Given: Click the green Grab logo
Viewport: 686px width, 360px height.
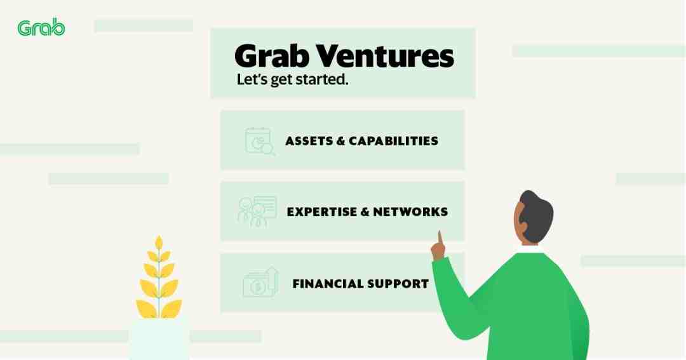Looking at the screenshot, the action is (41, 27).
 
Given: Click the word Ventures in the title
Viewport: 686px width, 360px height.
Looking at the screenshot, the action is (384, 56).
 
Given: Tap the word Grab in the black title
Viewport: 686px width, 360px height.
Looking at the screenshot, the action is (272, 56).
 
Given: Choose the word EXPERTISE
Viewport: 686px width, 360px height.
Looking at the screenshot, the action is (322, 211).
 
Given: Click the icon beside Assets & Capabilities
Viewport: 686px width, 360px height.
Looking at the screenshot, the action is (260, 142).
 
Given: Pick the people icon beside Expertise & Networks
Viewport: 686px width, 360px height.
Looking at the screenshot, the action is (257, 211).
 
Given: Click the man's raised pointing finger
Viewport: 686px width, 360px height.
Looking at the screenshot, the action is (440, 238).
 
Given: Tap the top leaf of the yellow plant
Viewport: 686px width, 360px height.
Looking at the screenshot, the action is (159, 243).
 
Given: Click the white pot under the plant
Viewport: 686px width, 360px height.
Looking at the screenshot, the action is (159, 338).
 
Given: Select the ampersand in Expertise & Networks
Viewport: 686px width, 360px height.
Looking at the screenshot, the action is (365, 211).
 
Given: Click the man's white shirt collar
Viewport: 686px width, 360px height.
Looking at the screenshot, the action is (528, 250).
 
